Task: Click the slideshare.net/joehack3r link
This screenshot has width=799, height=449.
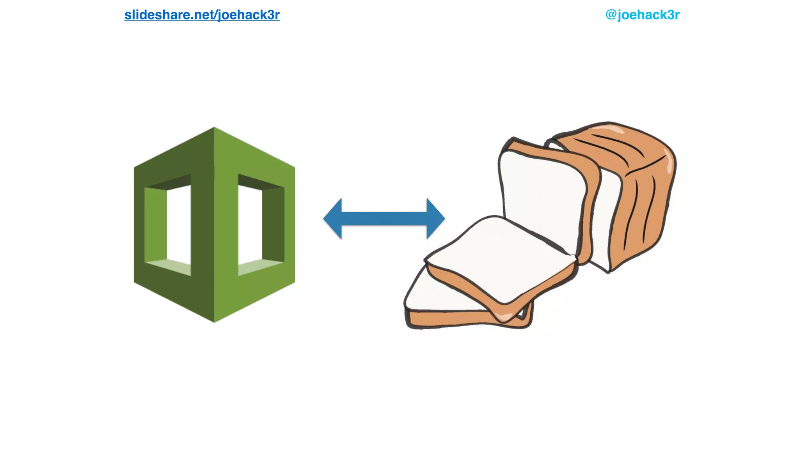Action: [x=202, y=15]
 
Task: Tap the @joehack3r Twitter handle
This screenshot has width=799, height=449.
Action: [x=642, y=15]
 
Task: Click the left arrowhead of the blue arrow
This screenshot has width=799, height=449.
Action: [x=333, y=218]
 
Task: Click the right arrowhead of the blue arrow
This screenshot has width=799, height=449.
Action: [x=435, y=218]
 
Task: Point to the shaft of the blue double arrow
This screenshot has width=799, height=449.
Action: [x=384, y=218]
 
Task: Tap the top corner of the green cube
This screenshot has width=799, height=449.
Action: [x=214, y=129]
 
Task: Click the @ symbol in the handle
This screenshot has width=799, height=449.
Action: [x=611, y=15]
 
